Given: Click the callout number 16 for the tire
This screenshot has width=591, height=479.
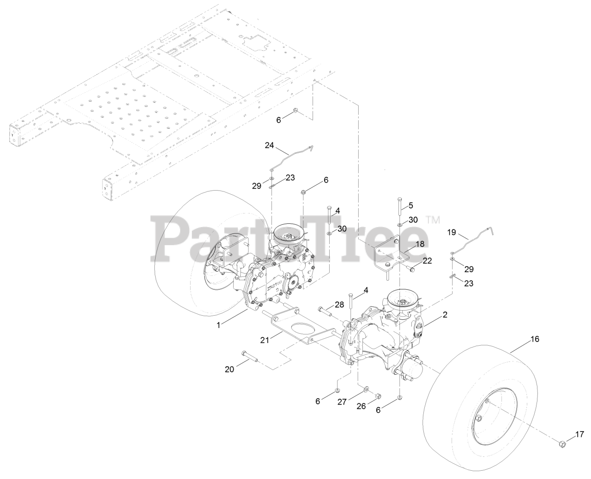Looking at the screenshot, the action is click(534, 339).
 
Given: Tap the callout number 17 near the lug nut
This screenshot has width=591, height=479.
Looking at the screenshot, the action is click(579, 434).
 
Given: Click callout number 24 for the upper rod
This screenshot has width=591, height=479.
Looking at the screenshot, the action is click(269, 145).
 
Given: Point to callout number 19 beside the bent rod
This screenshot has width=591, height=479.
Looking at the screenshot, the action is click(452, 233).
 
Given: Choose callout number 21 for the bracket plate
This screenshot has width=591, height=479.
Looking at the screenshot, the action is click(264, 340).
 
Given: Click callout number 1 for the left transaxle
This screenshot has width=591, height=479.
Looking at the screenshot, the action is click(218, 325).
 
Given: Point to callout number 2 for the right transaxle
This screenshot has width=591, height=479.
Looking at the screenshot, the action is click(445, 315).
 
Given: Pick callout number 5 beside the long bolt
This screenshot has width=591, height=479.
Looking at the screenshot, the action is click(411, 205).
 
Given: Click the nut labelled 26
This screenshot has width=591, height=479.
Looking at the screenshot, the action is click(377, 395).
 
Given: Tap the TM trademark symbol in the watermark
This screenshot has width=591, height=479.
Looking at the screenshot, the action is click(433, 220).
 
